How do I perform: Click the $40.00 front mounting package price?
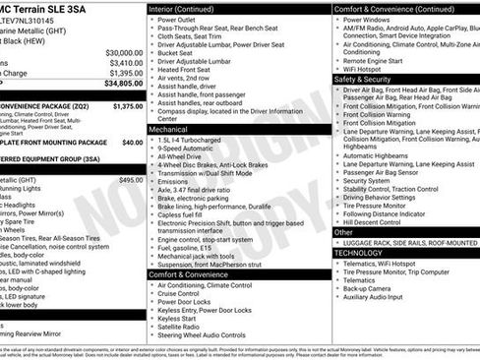click(x=132, y=143)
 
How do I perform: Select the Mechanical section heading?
click(x=169, y=128)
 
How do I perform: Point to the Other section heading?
click(x=344, y=232)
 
